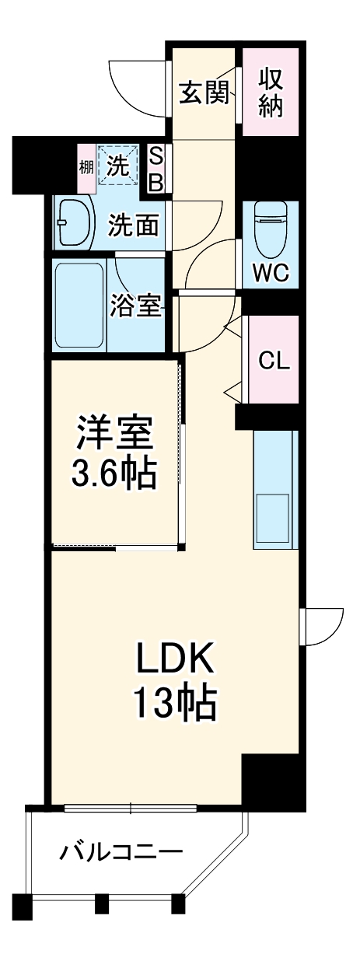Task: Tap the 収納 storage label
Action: (270, 92)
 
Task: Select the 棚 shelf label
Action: (86, 166)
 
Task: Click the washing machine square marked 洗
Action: (119, 165)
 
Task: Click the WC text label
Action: (270, 273)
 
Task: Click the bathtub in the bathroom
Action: (79, 305)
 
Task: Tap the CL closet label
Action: (273, 359)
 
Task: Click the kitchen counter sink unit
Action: (274, 490)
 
